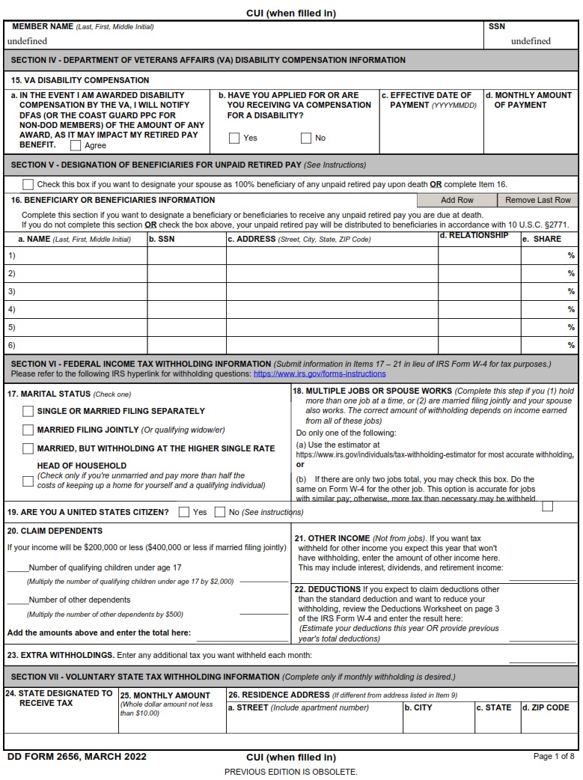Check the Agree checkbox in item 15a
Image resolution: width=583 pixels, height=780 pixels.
[76, 146]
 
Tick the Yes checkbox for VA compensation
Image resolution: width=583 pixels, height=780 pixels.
[234, 138]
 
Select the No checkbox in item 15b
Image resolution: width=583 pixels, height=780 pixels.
[306, 138]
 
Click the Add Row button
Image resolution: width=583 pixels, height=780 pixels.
[457, 200]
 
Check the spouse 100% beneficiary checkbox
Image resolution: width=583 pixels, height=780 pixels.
[28, 184]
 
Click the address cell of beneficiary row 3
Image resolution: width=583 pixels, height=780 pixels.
[332, 291]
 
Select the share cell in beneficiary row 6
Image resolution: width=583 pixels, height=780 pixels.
[549, 345]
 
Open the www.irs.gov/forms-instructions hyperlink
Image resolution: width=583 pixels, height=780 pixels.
[320, 374]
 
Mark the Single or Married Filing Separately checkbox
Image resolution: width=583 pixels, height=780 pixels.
[28, 411]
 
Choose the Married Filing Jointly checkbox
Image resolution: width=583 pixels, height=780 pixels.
[28, 430]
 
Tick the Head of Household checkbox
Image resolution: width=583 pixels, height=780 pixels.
[28, 481]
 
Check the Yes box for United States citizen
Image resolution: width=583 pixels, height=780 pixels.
[184, 512]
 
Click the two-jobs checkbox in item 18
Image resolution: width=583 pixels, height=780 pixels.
[548, 506]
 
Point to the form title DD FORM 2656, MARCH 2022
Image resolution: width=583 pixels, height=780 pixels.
[77, 757]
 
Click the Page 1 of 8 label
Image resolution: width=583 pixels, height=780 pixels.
[554, 757]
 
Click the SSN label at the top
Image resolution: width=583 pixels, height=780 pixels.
[497, 26]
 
